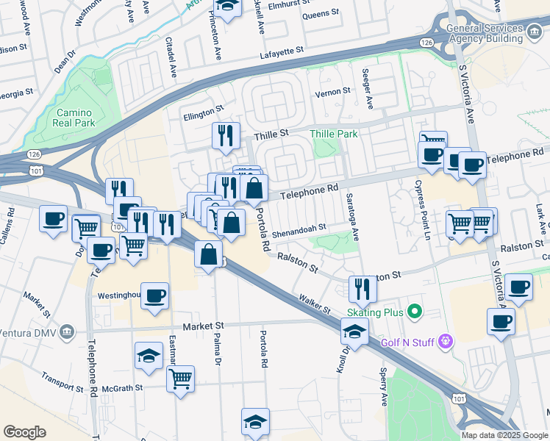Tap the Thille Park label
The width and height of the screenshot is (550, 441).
(333, 134)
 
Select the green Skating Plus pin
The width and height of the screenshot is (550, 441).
(414, 312)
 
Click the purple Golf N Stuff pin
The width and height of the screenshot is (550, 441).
(444, 341)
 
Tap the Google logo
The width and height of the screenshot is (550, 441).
(24, 432)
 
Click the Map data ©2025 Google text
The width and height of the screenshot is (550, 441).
(504, 435)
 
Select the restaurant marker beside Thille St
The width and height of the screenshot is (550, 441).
(226, 135)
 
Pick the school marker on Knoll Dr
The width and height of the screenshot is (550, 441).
(354, 331)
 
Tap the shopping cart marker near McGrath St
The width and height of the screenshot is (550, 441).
(180, 379)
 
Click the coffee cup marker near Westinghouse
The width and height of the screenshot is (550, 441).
(154, 296)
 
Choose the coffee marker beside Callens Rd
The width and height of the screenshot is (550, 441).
(54, 218)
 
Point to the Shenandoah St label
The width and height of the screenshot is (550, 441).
(299, 232)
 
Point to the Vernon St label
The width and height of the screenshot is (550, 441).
(332, 93)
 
